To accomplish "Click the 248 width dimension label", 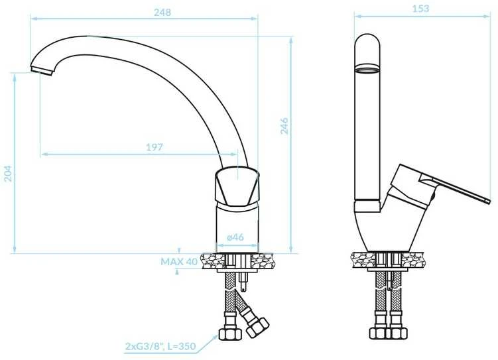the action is point(162,13).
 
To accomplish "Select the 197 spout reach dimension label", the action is point(155,147).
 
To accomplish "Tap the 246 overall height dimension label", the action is point(284,126).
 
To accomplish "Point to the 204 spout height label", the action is point(8,173).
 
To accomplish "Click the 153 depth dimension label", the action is point(420,9).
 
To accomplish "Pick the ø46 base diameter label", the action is point(235,237).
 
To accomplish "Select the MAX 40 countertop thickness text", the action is point(179,262).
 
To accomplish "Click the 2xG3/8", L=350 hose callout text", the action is point(160,346).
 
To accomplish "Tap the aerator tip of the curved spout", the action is point(41,70).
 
